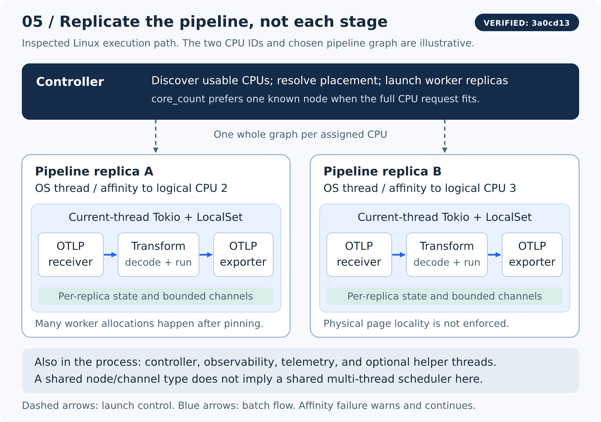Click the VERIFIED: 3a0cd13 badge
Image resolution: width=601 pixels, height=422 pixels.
point(527,22)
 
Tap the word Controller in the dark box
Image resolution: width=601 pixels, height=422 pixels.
point(70,82)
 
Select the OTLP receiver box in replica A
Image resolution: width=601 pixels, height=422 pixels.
point(71,255)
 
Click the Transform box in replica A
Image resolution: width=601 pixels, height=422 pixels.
point(158,255)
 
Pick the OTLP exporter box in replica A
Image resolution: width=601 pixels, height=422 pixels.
point(243,255)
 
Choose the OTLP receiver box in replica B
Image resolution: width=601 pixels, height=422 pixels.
point(359,255)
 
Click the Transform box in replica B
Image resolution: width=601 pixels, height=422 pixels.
point(447,255)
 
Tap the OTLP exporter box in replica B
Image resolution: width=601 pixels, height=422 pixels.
point(532,255)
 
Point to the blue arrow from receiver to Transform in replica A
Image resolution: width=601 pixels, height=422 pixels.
point(110,255)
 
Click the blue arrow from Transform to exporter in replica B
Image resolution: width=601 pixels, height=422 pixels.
point(494,255)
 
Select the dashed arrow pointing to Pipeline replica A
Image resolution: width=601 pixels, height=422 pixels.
point(156,136)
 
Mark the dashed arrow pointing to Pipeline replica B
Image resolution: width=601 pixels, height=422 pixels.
point(445,136)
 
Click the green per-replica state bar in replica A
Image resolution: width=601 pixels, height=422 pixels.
point(156,296)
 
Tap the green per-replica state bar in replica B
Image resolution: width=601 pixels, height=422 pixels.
point(444,296)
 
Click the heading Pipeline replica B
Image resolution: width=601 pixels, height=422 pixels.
point(382,171)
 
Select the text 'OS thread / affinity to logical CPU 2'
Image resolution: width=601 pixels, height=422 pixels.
point(131,188)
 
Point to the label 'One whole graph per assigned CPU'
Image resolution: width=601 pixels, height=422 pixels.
point(300,134)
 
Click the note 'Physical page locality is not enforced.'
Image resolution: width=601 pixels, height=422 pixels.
point(416,324)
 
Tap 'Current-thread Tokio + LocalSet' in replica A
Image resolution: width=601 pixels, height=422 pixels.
point(156,217)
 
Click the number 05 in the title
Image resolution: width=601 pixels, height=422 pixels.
point(32,22)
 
